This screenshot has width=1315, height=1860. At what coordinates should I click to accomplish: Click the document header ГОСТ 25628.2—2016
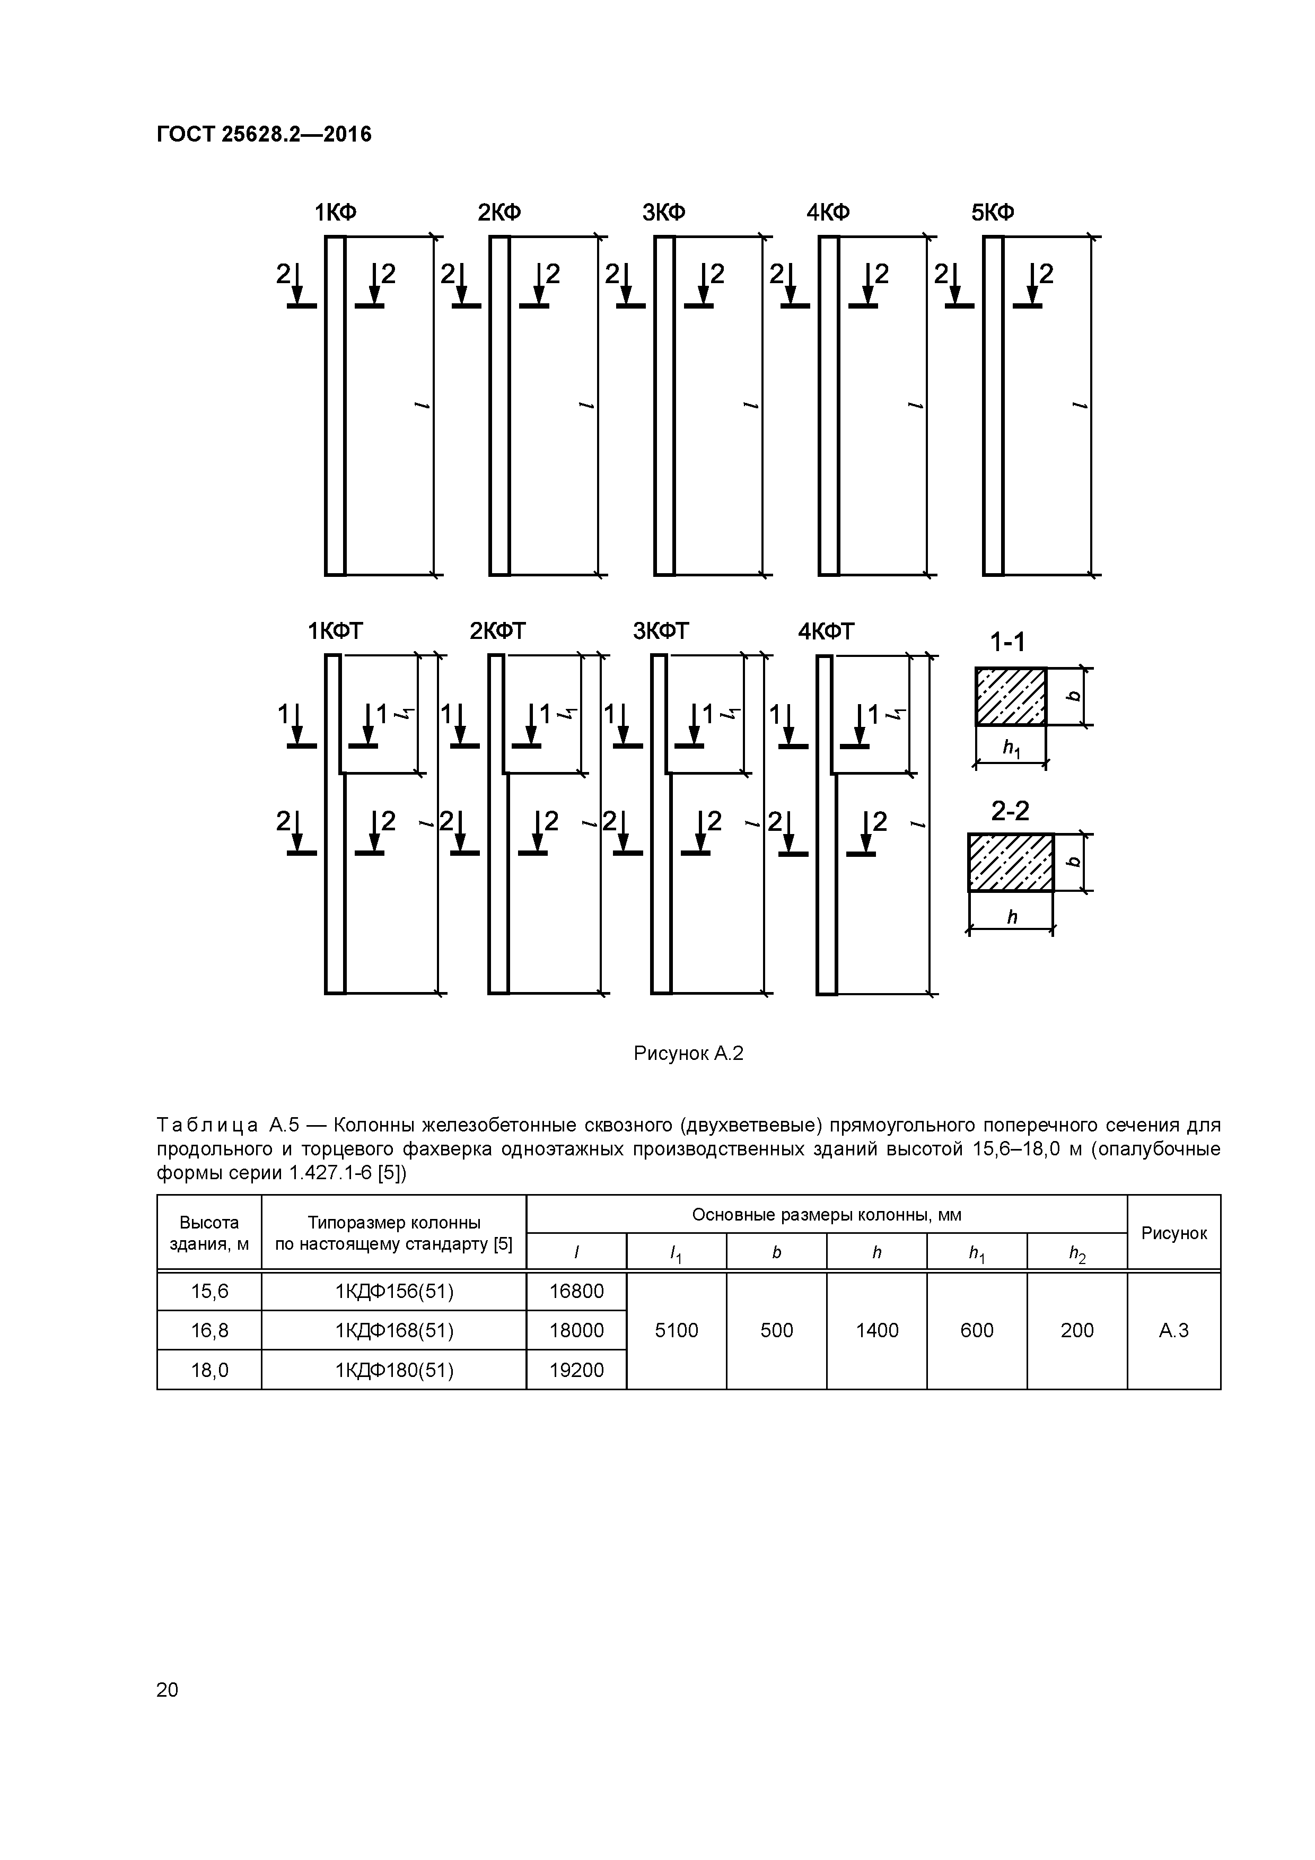click(x=264, y=135)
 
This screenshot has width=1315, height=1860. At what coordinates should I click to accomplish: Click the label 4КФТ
click(x=827, y=631)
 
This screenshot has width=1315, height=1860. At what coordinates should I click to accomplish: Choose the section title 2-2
click(x=1010, y=811)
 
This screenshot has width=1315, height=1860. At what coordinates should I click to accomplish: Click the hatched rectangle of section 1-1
click(x=1010, y=697)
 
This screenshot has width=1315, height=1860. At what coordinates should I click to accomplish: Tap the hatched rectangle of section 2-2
click(x=1010, y=862)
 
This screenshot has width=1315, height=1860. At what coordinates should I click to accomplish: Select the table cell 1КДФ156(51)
click(x=394, y=1291)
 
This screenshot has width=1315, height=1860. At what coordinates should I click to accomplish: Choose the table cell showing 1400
click(x=876, y=1330)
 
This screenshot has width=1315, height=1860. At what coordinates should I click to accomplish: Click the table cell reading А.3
click(x=1173, y=1330)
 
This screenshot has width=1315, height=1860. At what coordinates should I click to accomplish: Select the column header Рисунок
click(x=1173, y=1233)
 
